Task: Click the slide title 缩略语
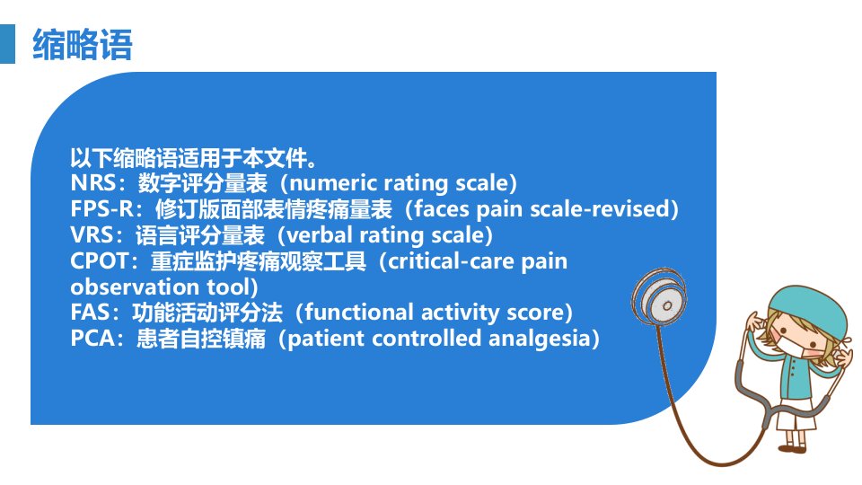coord(83,45)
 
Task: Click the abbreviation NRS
coord(92,183)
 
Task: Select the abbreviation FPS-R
coord(102,209)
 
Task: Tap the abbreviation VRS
coord(92,234)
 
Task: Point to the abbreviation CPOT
coord(100,260)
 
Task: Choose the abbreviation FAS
coord(90,313)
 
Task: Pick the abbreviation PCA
coord(92,339)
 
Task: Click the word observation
coord(136,287)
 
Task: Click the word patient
coord(326,339)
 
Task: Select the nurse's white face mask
coord(792,347)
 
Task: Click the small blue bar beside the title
coord(8,44)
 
